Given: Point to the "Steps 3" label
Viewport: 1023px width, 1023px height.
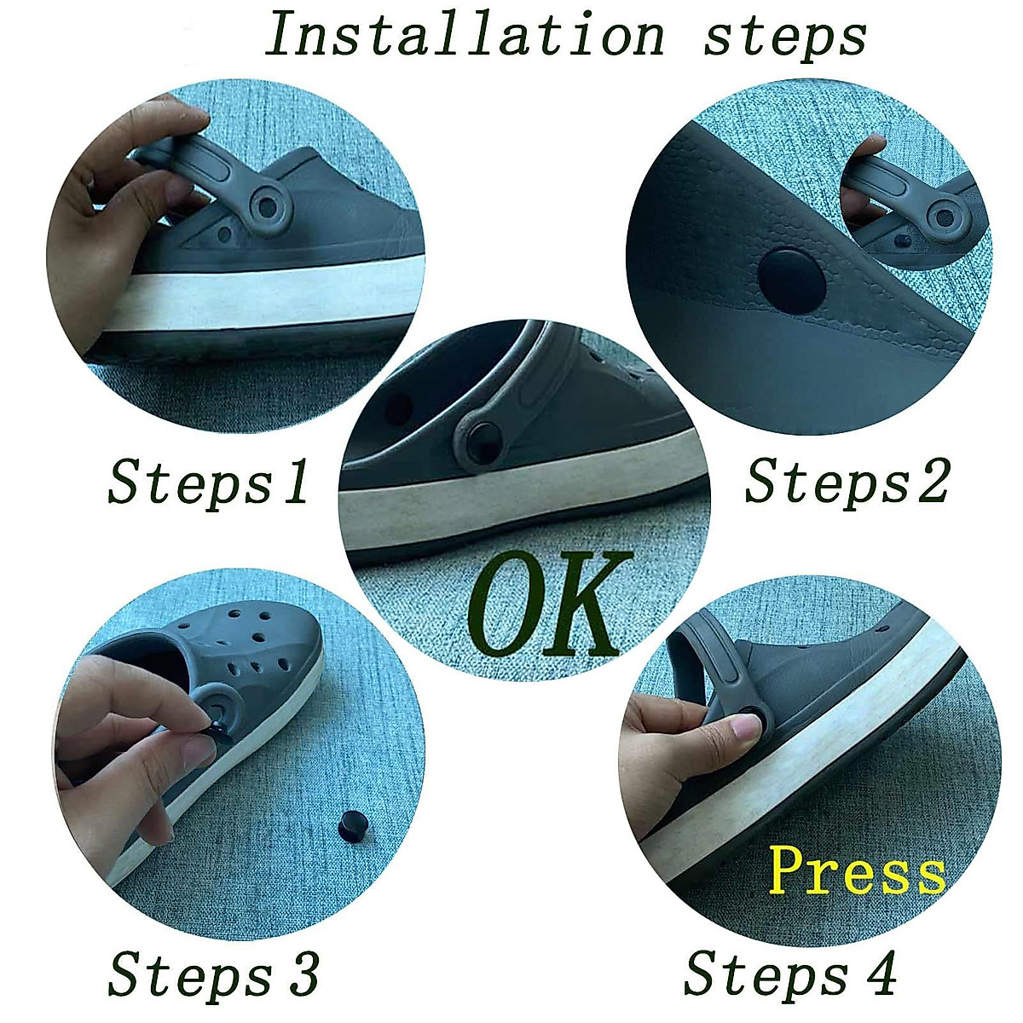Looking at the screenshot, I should [x=213, y=974].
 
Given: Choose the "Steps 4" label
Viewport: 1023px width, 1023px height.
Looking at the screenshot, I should [x=789, y=974].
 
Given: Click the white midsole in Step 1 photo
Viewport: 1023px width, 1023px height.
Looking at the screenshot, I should [x=256, y=294].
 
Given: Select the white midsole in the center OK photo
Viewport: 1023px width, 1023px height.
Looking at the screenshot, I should [x=511, y=503].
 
